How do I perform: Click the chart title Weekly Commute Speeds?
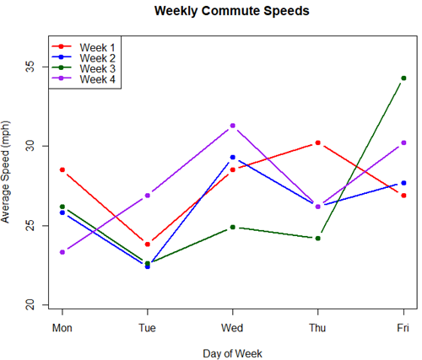(x=231, y=12)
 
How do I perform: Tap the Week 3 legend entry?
(x=97, y=68)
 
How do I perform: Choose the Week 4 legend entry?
(x=97, y=79)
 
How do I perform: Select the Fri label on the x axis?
(x=403, y=326)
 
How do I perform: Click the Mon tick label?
(x=62, y=326)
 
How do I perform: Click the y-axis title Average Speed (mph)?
(x=8, y=171)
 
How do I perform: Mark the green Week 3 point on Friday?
(x=403, y=78)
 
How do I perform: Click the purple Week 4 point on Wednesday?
(x=233, y=126)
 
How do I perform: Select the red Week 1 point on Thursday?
(x=318, y=142)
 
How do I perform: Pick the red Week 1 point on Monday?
(x=62, y=169)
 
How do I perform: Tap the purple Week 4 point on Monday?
(x=62, y=252)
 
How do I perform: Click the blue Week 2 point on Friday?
(x=403, y=182)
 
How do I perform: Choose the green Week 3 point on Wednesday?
(x=233, y=227)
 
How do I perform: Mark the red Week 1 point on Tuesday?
(x=148, y=244)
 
